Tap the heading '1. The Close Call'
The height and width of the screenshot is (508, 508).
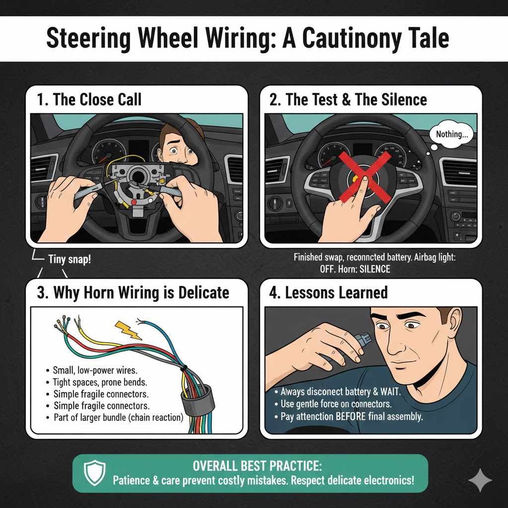(89, 99)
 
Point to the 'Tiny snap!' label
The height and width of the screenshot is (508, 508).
(69, 259)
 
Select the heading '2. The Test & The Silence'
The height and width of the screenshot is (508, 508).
(348, 99)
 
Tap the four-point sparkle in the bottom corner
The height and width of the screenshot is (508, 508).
(480, 480)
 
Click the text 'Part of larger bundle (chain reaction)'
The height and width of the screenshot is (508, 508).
(118, 417)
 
